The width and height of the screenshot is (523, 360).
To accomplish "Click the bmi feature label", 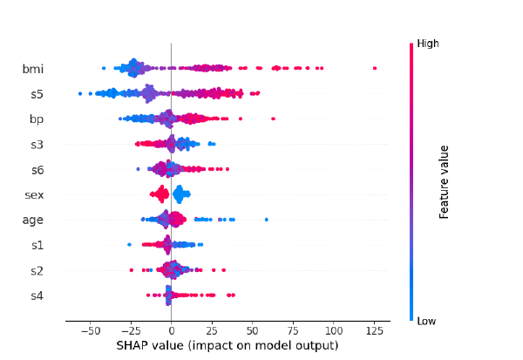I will click(33, 68).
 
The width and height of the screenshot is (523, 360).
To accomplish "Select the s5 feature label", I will click(37, 93).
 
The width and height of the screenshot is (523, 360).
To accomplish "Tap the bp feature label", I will click(36, 119).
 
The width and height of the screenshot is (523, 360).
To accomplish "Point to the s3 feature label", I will click(37, 144).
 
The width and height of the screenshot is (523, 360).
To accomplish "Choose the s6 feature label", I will click(37, 169).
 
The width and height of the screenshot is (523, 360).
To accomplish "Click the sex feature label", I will click(34, 194).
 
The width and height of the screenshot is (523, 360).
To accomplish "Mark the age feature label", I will click(33, 221).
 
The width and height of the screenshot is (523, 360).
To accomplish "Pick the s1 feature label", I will click(37, 245).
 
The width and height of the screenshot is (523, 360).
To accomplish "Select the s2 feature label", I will click(37, 270).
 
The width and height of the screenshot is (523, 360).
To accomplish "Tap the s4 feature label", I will click(37, 295).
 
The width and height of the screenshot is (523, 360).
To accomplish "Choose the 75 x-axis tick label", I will click(293, 331).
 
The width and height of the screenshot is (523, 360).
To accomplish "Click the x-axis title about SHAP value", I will click(227, 346).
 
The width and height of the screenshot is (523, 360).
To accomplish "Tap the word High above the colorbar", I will click(428, 43).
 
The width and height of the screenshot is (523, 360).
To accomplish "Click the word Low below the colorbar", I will click(427, 322).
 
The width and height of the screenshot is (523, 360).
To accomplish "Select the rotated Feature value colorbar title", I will click(445, 182).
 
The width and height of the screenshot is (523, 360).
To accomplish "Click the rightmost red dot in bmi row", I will click(375, 68).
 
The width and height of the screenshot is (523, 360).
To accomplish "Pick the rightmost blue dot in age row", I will click(266, 220).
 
